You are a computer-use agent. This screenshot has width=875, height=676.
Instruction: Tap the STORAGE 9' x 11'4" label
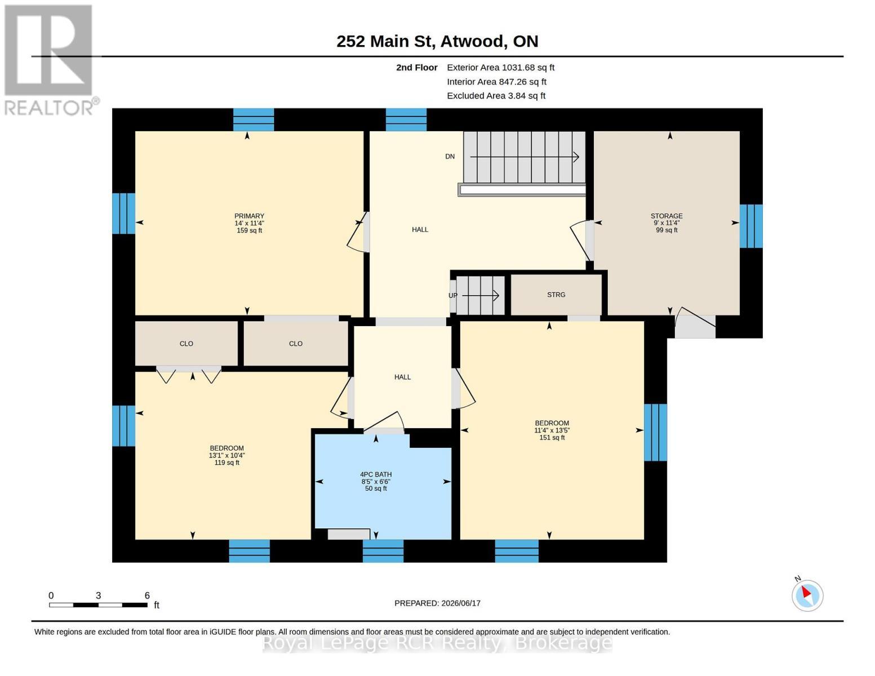tap(667, 223)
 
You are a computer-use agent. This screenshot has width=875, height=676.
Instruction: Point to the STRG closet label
tap(556, 295)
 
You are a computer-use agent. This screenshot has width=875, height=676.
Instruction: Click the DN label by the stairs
tap(450, 156)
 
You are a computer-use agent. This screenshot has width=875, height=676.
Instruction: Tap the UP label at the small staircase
tap(453, 296)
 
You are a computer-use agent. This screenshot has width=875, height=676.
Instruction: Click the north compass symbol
tap(807, 595)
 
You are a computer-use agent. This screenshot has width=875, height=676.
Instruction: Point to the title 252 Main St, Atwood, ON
tap(437, 41)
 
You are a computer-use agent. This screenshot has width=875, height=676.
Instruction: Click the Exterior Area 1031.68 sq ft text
tap(500, 68)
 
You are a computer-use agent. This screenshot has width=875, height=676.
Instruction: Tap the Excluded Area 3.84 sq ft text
tap(496, 96)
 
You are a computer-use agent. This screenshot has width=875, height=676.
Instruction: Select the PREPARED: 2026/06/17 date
tap(437, 603)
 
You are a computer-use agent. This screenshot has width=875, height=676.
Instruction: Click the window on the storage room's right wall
tap(751, 226)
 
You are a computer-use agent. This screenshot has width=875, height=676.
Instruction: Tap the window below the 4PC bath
tap(383, 551)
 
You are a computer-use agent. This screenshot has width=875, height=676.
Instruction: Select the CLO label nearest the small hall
tap(296, 344)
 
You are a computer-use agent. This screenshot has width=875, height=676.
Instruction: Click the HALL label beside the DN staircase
tap(420, 229)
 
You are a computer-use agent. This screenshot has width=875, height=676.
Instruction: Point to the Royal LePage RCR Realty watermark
tap(437, 643)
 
